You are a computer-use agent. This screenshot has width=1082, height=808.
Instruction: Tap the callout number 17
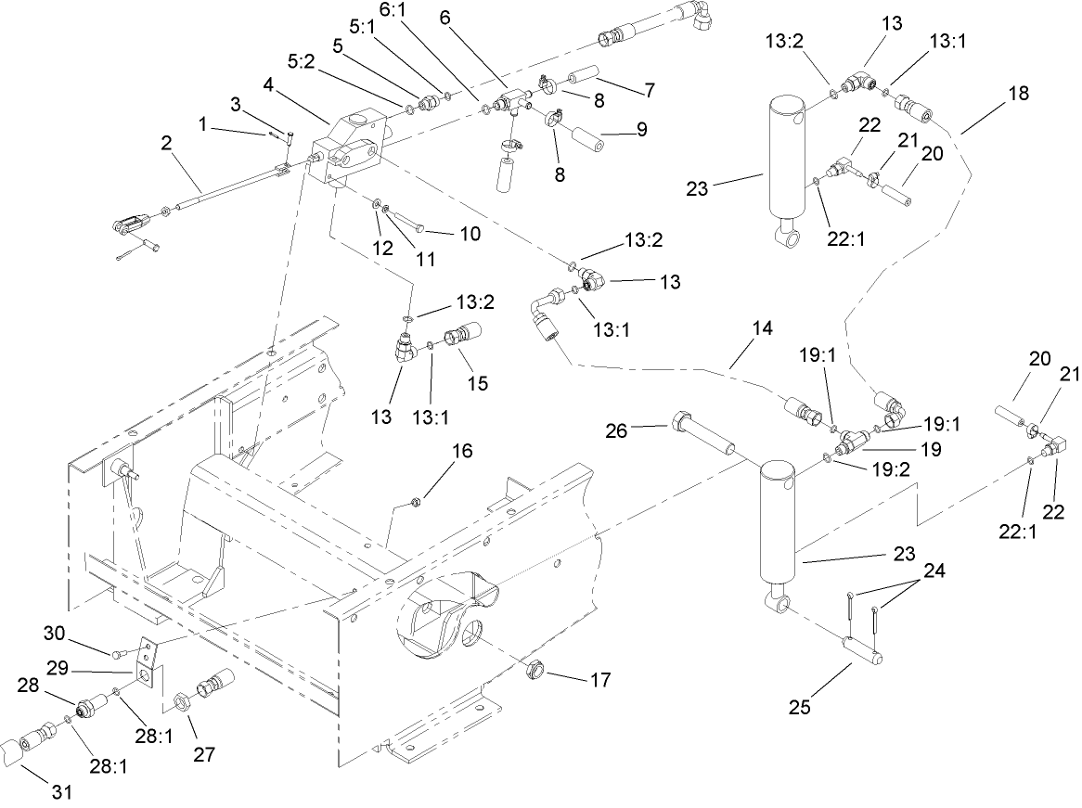point(599,680)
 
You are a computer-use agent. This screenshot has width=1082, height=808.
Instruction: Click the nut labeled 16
point(417,504)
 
